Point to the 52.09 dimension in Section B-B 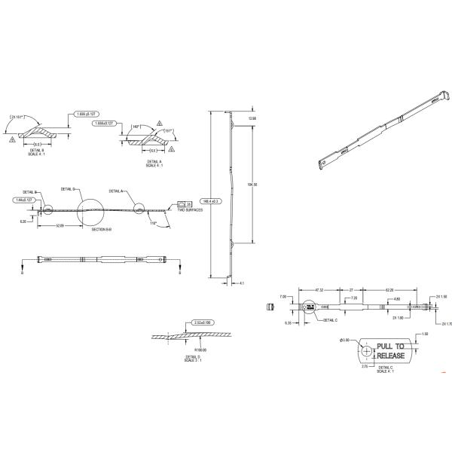pyautogui.click(x=59, y=225)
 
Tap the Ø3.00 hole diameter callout pyautogui.click(x=345, y=341)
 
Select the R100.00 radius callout pyautogui.click(x=200, y=350)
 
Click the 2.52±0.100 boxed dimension pyautogui.click(x=205, y=322)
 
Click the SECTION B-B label pyautogui.click(x=102, y=229)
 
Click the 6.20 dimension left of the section pyautogui.click(x=23, y=221)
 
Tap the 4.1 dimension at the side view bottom pyautogui.click(x=241, y=283)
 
